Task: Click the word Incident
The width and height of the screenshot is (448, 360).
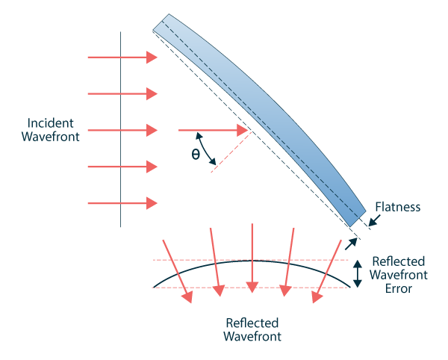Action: [x=52, y=122]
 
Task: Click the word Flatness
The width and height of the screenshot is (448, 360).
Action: [x=398, y=207]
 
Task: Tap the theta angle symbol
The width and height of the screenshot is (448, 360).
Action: [x=196, y=155]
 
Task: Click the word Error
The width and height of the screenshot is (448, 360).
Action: [x=399, y=288]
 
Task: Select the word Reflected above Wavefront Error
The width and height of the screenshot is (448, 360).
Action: [x=399, y=261]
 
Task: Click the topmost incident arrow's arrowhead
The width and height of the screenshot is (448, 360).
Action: [x=152, y=58]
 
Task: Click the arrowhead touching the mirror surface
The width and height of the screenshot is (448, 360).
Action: [x=243, y=131]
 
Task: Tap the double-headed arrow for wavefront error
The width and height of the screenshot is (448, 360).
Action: [x=358, y=273]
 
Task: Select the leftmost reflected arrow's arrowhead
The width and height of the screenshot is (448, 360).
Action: [x=187, y=297]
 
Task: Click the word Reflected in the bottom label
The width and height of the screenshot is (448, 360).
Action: [x=252, y=323]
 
